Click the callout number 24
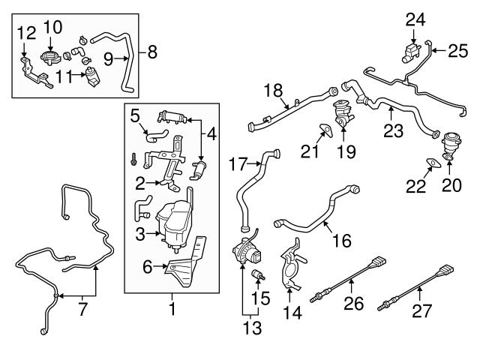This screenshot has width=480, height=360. (x=415, y=19)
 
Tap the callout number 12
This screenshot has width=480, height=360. (x=25, y=32)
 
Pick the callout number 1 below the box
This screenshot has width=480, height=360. (x=172, y=308)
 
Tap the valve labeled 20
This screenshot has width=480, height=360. (x=449, y=142)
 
